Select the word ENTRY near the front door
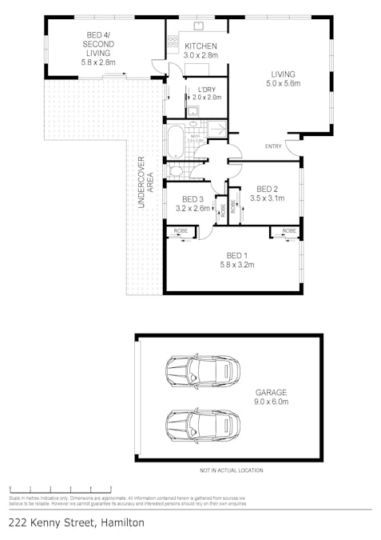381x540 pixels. click(x=273, y=146)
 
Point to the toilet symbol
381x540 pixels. click(x=175, y=170)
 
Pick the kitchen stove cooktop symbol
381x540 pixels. click(x=173, y=40)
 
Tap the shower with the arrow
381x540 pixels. click(x=216, y=127)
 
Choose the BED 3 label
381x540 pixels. click(x=192, y=199)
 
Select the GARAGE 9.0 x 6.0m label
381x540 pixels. click(x=271, y=398)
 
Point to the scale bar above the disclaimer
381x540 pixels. click(x=60, y=489)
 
